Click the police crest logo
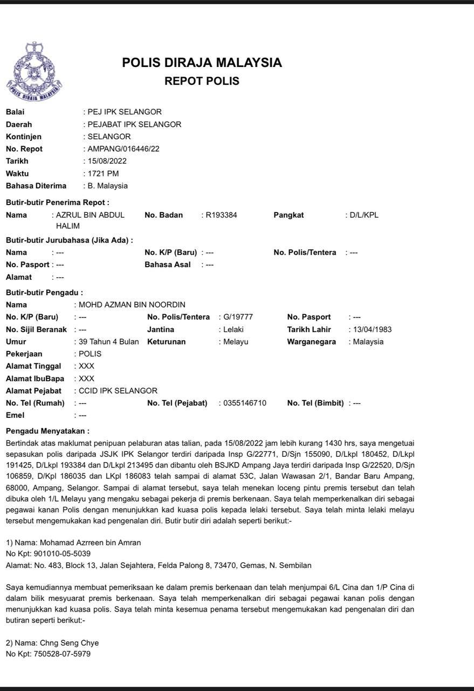click(x=34, y=72)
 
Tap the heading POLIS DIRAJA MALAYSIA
click(x=202, y=63)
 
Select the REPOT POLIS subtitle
click(x=202, y=82)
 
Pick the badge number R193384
click(x=221, y=215)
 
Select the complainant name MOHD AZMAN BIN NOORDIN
click(x=132, y=305)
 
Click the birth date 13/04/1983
click(x=372, y=329)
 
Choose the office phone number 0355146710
click(x=245, y=403)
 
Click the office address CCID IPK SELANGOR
click(x=118, y=391)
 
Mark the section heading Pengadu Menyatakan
click(x=47, y=431)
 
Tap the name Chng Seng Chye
click(x=69, y=643)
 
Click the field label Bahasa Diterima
click(x=36, y=186)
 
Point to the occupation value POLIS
click(x=90, y=354)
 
